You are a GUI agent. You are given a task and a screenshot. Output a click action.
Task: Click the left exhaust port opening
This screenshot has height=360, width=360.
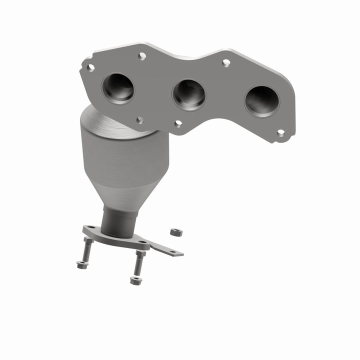point(118,88)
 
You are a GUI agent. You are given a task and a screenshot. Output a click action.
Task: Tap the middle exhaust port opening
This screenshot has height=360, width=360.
point(189,94)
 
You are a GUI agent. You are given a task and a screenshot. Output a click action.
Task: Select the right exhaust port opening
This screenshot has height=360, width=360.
point(262,101)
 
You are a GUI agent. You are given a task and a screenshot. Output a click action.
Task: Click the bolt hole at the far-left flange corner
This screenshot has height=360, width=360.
point(90,66)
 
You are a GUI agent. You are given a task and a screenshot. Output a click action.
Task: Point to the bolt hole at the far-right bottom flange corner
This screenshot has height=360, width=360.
point(280,133)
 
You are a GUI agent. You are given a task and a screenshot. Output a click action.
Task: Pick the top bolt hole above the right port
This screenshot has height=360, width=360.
point(226,62)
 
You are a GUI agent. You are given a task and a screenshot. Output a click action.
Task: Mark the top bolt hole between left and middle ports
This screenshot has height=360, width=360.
point(142,56)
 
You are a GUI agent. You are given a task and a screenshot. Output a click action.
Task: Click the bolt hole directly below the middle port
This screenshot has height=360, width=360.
point(178,123)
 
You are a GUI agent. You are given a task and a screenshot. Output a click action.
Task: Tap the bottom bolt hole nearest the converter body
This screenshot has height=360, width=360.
point(140,120)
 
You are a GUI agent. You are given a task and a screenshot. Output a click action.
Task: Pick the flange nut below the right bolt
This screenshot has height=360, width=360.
point(135,280)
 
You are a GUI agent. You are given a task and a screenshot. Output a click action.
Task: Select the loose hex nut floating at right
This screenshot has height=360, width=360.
point(176,232)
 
